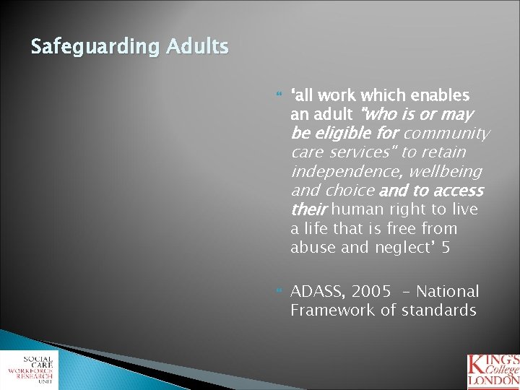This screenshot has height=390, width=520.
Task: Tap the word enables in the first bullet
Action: coord(441,95)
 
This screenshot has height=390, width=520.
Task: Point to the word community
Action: coord(447,134)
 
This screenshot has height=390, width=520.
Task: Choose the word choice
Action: coord(351,191)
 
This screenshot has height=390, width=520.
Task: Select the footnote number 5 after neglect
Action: coord(445,248)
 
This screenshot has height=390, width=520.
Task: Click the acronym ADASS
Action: coord(314,292)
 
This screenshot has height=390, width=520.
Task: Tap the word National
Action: coord(447,292)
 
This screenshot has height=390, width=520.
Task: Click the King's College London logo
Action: coord(493,369)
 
